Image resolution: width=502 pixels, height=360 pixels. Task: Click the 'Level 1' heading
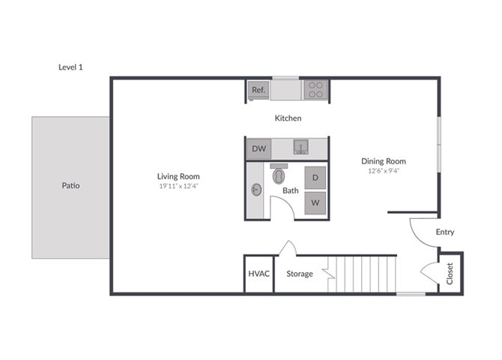click(x=70, y=67)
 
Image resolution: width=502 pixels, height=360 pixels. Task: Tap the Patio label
click(x=70, y=185)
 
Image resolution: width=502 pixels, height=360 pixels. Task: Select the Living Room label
click(x=179, y=176)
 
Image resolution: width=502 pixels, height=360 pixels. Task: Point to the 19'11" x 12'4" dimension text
click(x=179, y=187)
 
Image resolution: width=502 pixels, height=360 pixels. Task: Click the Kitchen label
click(x=288, y=118)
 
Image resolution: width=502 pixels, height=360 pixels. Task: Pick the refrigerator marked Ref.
click(x=258, y=90)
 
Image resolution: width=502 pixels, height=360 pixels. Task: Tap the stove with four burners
click(x=316, y=90)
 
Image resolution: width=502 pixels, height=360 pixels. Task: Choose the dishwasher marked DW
click(x=258, y=148)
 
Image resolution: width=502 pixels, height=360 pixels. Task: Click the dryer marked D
click(x=315, y=178)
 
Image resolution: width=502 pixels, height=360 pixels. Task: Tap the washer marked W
click(x=315, y=202)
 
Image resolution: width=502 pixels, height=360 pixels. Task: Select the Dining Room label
click(x=383, y=161)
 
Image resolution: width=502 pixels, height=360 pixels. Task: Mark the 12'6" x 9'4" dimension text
click(x=383, y=171)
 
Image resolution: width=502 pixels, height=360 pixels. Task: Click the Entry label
click(x=445, y=232)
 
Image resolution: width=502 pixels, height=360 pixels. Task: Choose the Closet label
click(x=450, y=274)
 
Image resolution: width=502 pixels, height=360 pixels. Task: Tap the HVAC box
click(x=258, y=274)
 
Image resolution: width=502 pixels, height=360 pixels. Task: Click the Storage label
click(x=300, y=274)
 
